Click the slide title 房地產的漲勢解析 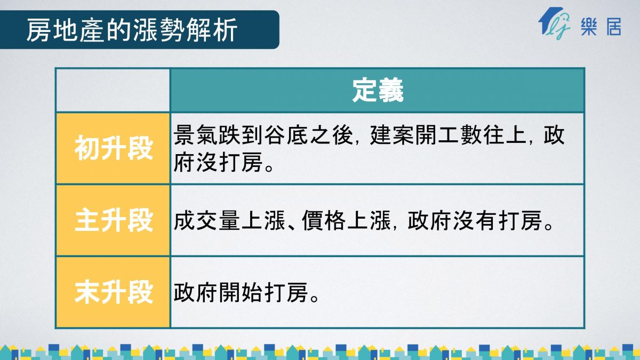point(132,30)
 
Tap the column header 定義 point(378,91)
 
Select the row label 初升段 point(114,148)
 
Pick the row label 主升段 point(114,220)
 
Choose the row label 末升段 point(114,292)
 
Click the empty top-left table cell point(113,90)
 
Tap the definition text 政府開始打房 point(241,293)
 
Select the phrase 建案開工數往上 point(448,135)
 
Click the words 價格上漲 point(346,220)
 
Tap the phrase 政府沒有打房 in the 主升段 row point(475,220)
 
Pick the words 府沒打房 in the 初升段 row point(218,163)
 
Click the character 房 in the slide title point(39,30)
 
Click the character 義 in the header point(391,91)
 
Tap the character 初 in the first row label point(87,148)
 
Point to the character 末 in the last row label point(87,292)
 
